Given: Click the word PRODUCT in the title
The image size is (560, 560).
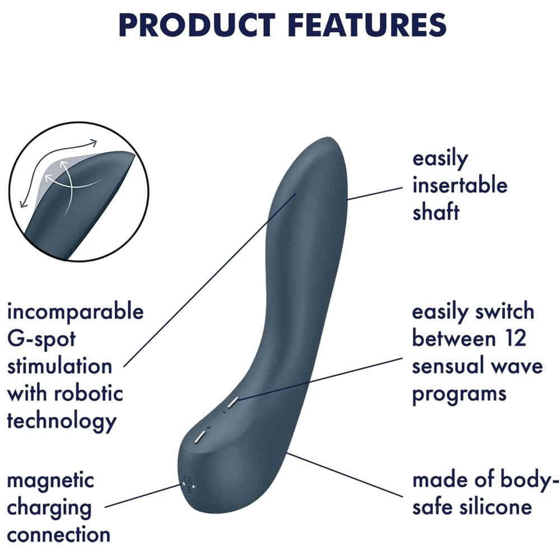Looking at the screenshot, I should [197, 24].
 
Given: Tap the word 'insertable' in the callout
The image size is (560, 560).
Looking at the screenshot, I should [459, 185].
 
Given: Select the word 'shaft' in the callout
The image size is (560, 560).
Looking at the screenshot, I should [436, 212].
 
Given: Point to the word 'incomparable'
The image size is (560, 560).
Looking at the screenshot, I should [75, 311].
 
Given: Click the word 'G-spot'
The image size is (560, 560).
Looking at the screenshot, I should [41, 339].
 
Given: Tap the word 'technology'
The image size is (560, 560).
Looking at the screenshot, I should [62, 420].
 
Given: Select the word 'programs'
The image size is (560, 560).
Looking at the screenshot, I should [459, 393].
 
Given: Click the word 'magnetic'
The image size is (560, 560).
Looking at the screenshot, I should [51, 480].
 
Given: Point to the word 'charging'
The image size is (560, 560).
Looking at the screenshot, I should [49, 508].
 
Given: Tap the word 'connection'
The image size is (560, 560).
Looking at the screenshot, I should [58, 534].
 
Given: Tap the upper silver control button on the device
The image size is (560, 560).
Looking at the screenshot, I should [232, 402].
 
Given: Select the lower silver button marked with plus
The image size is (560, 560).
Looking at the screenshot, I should [199, 437].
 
